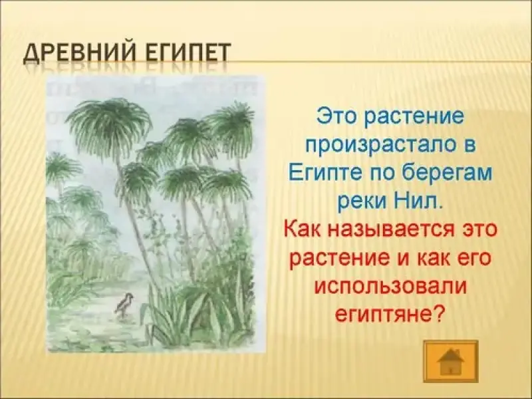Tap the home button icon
tap(451, 361)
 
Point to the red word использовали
tap(390, 287)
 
